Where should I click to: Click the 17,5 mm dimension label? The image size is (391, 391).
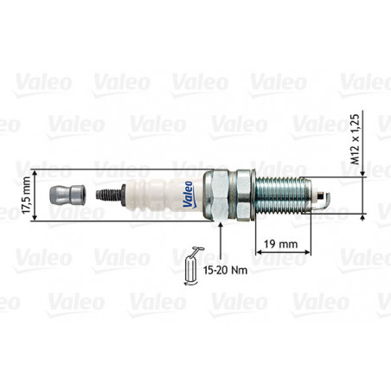[x=26, y=195]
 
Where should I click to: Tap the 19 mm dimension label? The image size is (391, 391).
[x=281, y=244]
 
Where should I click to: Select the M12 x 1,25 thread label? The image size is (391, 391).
[x=356, y=139]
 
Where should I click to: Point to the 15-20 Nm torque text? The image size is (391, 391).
[x=225, y=270]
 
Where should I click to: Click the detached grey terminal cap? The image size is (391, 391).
[x=67, y=195]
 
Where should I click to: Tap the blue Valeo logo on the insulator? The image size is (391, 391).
[x=188, y=195]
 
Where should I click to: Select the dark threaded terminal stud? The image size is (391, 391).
[x=109, y=195]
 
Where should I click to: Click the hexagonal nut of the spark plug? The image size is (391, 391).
[x=216, y=195]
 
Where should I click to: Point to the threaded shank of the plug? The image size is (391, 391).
[x=283, y=195]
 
